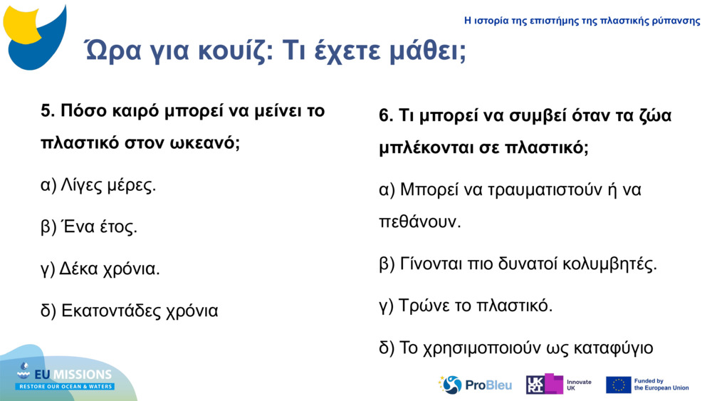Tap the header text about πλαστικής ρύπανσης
(582, 21)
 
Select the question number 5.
(48, 111)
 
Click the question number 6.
(386, 116)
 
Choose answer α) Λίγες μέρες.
(98, 186)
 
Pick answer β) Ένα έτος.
(89, 227)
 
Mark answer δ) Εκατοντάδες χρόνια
(130, 311)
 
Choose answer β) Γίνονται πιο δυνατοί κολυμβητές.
(518, 264)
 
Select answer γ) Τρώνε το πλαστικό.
(466, 306)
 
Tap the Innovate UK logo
(553, 385)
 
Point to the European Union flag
(618, 385)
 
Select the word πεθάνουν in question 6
(420, 222)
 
